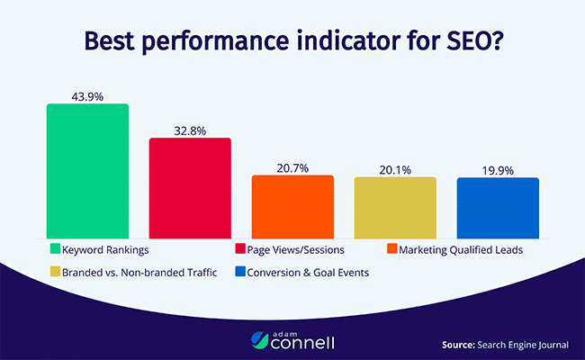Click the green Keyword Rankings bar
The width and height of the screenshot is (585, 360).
click(x=87, y=170)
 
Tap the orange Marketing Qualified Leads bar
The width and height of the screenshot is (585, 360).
click(x=292, y=205)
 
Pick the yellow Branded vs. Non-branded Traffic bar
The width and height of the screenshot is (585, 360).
click(x=395, y=206)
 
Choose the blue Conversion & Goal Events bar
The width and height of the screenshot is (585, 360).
click(x=498, y=206)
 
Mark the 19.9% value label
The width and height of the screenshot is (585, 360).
click(x=498, y=168)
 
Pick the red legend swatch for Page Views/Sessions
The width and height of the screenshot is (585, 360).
click(x=239, y=247)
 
